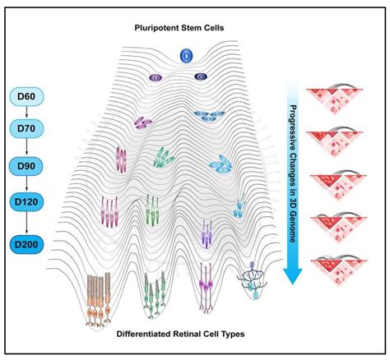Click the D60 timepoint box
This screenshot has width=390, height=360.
coord(26,96)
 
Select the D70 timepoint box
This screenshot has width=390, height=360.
coord(26,128)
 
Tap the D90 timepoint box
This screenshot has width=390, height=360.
coord(26,166)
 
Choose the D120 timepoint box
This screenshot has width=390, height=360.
coord(26,202)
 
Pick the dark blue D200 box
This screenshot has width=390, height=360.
coord(26,244)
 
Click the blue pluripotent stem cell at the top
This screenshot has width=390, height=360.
coord(186,56)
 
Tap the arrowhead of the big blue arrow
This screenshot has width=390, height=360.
coord(293,275)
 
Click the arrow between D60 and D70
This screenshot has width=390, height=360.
coord(26,113)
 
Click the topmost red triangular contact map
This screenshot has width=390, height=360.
coord(334,99)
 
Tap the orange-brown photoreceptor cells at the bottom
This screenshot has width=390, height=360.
coord(99,299)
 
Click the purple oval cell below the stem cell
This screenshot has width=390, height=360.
coord(156,77)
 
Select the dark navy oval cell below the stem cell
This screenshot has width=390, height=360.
coord(201,76)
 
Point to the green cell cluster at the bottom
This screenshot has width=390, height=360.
coord(155,295)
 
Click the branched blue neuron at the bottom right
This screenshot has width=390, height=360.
coord(253,280)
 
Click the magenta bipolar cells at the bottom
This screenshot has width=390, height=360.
coord(207,287)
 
